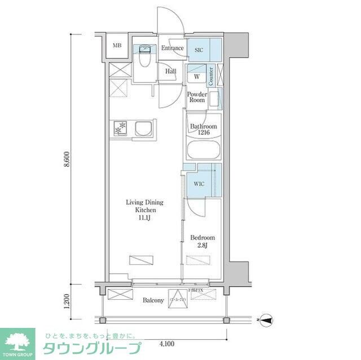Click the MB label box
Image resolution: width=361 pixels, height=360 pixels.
(117, 46)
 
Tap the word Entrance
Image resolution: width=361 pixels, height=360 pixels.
(172, 48)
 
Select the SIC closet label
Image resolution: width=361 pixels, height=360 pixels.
(199, 49)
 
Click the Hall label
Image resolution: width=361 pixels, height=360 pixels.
(171, 72)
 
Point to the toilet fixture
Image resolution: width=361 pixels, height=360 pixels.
(145, 57)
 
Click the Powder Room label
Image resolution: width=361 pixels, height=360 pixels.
(197, 97)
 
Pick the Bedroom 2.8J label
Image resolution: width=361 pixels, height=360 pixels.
(202, 241)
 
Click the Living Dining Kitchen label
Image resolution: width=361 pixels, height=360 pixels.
(144, 209)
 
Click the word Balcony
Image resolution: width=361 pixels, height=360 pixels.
(153, 300)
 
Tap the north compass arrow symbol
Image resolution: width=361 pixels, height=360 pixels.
(267, 321)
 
